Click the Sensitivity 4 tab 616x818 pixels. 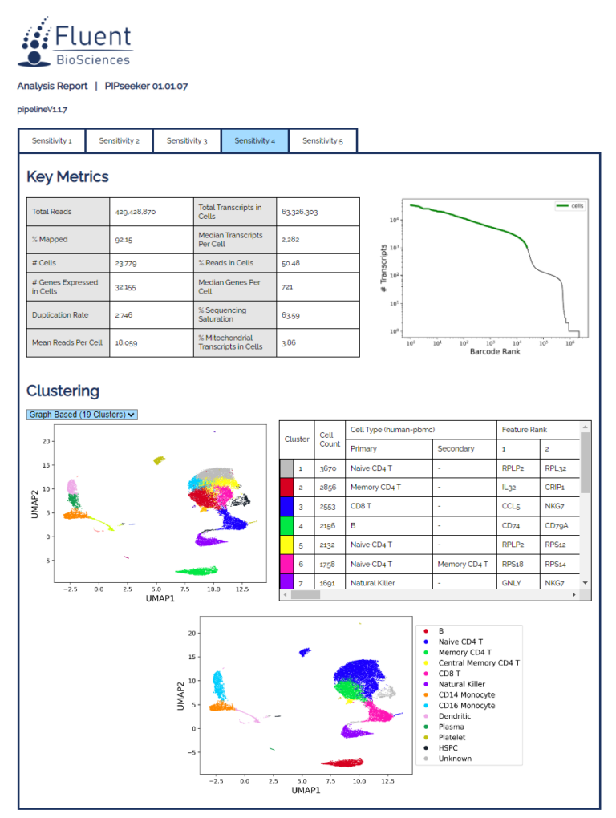click(x=254, y=140)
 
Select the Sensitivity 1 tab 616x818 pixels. click(x=52, y=140)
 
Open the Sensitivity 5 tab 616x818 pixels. click(x=322, y=140)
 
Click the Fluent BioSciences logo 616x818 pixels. click(x=76, y=44)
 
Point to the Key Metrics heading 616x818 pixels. click(x=67, y=177)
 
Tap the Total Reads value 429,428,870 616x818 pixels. click(x=133, y=212)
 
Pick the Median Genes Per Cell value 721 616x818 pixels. click(x=289, y=286)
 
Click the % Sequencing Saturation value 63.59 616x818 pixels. click(x=290, y=315)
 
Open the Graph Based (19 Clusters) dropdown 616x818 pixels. click(x=82, y=415)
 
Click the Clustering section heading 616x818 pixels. click(x=63, y=391)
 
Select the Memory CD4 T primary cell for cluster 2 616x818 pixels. click(x=376, y=488)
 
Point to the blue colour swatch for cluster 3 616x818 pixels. click(x=287, y=507)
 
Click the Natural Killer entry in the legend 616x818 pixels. click(x=461, y=684)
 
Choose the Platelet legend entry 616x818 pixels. click(x=452, y=737)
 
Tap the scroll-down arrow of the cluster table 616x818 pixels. click(x=585, y=583)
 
